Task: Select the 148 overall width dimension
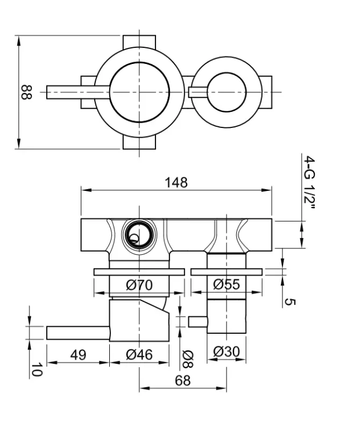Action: point(176,182)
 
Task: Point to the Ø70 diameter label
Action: point(139,285)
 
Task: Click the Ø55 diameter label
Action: point(227,285)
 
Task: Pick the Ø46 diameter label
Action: point(139,355)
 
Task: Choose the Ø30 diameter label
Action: point(227,352)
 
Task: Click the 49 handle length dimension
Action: point(79,355)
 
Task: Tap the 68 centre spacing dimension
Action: point(183,381)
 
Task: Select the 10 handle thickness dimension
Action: point(36,369)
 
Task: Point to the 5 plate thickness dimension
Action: point(290,301)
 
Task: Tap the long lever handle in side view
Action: point(78,333)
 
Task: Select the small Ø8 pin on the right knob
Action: point(197,321)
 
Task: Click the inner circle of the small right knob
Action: point(227,92)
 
